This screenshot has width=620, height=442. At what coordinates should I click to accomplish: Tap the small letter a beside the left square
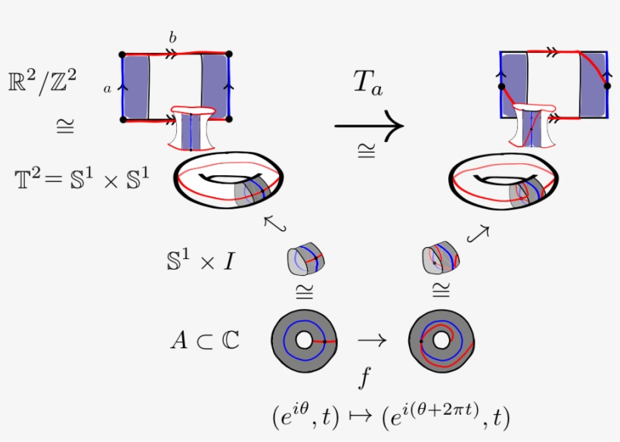[108, 88]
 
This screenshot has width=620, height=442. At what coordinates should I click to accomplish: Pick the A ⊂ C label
[204, 341]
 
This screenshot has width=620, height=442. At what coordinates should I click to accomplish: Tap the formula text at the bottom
[389, 416]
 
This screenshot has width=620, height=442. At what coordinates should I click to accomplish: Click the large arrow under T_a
[369, 125]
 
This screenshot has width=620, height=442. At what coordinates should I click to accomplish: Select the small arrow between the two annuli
[371, 341]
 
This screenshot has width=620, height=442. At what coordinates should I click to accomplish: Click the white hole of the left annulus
[304, 342]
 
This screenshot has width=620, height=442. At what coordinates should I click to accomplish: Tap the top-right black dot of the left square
[228, 54]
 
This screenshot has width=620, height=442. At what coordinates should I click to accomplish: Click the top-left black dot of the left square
[122, 54]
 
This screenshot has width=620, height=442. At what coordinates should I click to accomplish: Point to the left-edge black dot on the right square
[501, 87]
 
